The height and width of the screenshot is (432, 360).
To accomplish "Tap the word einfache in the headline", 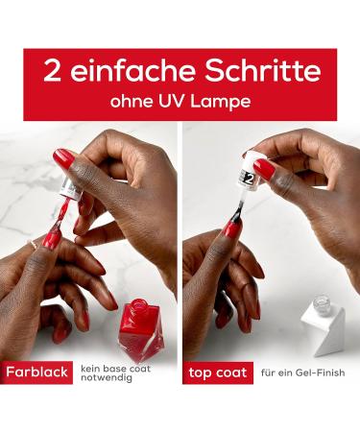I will [x=127, y=72].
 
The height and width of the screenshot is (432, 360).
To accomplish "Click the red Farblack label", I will [x=36, y=372].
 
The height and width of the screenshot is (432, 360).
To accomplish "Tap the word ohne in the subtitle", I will [x=143, y=99].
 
